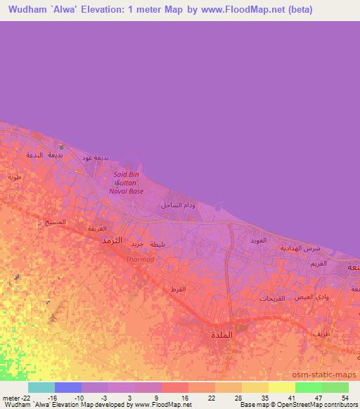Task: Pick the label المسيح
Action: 56,222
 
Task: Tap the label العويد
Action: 258,240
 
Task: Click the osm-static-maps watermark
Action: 329,375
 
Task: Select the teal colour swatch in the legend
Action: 41,387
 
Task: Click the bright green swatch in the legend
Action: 309,387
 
